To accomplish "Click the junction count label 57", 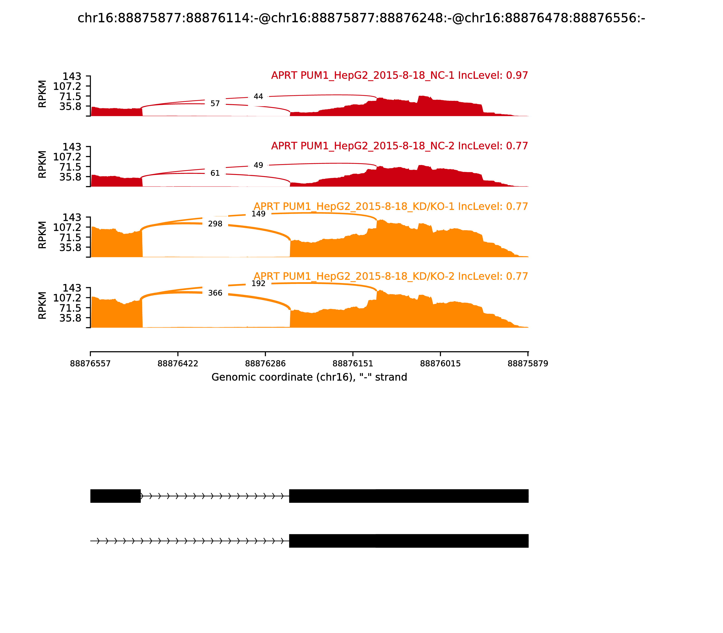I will [215, 104].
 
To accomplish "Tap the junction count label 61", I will [215, 173].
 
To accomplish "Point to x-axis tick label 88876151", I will [353, 364].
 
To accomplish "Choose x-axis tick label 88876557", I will [90, 364].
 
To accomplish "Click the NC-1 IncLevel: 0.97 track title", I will [399, 76].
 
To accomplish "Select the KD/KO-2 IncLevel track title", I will [391, 276].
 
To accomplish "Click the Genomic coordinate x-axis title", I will [309, 377].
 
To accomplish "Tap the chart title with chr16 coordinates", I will [361, 18].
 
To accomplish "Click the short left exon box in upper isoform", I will [115, 496].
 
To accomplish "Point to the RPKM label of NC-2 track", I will [42, 164].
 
